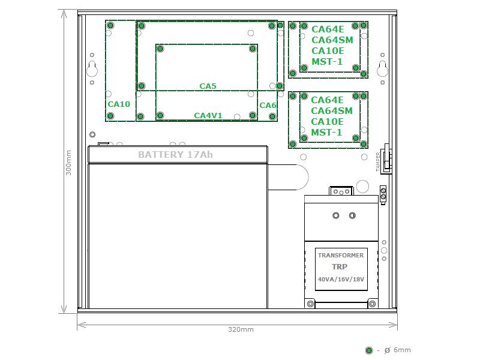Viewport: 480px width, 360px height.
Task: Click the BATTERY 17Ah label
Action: (x=175, y=155)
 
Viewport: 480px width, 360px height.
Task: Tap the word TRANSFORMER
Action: (x=341, y=256)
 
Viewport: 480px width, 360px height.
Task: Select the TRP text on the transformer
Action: (x=340, y=267)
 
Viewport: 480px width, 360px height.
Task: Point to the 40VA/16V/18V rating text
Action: (x=341, y=279)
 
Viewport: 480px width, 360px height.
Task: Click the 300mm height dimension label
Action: (x=68, y=163)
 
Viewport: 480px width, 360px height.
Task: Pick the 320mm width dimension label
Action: (x=241, y=329)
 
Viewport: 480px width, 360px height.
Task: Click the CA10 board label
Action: (x=119, y=104)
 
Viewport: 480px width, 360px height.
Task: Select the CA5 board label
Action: (x=208, y=86)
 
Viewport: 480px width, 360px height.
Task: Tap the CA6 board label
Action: (x=268, y=106)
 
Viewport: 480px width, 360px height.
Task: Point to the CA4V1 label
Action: (x=208, y=115)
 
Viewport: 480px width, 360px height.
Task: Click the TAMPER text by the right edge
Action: (x=378, y=162)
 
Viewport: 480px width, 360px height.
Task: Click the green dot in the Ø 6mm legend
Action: (x=369, y=350)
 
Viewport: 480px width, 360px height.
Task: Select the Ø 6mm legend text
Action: (x=397, y=350)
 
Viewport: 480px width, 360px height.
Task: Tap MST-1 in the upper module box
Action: (x=327, y=62)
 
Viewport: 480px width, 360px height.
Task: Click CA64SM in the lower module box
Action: (x=332, y=110)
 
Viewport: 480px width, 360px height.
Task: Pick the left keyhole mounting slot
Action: (x=92, y=69)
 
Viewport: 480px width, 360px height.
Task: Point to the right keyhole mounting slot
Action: (x=382, y=69)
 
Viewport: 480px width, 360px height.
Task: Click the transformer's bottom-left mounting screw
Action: (x=310, y=304)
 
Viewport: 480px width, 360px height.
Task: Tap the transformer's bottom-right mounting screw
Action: (x=372, y=304)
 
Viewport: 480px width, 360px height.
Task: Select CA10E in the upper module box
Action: (x=328, y=51)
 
